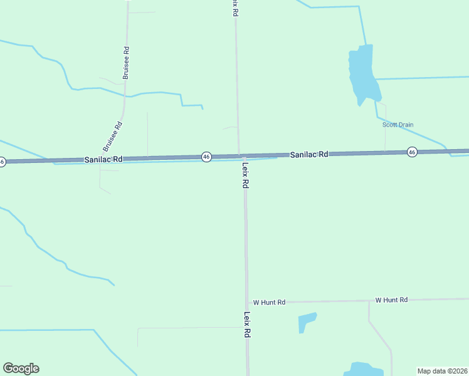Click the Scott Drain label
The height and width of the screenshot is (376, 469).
click(398, 125)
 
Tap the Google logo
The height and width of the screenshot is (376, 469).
click(21, 368)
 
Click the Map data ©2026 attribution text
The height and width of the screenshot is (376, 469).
click(443, 370)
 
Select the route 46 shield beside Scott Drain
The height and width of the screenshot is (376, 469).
click(412, 152)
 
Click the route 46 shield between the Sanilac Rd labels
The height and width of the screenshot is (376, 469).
click(206, 157)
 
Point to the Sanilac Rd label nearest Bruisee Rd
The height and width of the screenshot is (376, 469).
click(103, 160)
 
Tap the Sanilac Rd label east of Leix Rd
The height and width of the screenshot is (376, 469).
click(308, 154)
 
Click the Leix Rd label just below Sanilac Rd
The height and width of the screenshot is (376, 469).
click(246, 175)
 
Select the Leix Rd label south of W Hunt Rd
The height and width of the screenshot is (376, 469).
click(248, 325)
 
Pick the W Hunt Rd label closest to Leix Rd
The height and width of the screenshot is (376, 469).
click(269, 302)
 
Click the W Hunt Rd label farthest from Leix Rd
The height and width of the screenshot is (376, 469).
click(391, 300)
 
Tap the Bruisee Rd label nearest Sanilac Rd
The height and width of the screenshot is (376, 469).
click(113, 136)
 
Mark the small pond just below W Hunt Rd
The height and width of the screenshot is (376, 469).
click(307, 322)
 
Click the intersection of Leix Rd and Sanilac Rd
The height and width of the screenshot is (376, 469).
click(240, 156)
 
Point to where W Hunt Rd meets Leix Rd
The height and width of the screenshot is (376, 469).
click(246, 303)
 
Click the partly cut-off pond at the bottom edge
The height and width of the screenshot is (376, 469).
click(359, 369)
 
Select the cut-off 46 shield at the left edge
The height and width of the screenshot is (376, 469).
click(2, 162)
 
